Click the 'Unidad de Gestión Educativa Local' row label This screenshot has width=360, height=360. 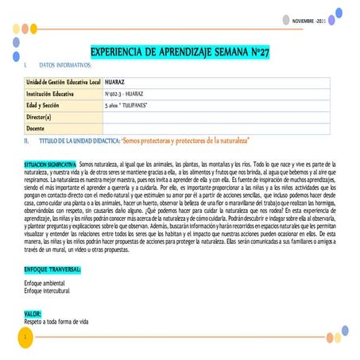[63, 82]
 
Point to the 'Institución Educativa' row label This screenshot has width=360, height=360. [49, 93]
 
